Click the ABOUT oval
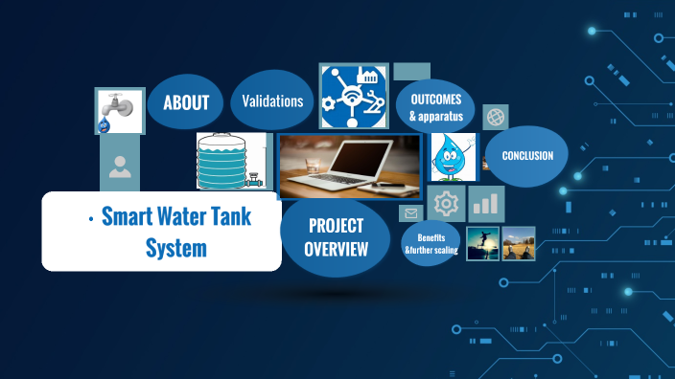point(185,102)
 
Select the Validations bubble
point(272,100)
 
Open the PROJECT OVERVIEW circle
point(337,237)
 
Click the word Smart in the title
point(130,216)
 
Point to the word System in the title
point(176,249)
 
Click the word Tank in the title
point(227,216)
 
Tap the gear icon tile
point(446,204)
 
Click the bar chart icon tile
point(487,203)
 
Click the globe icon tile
point(496,117)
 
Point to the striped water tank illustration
point(228,162)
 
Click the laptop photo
point(349,166)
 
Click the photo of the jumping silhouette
point(481,243)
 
